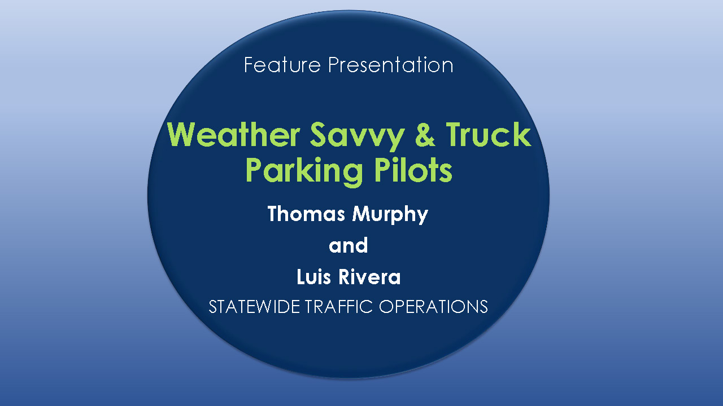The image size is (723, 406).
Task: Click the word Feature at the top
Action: click(282, 65)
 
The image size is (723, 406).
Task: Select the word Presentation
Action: click(391, 65)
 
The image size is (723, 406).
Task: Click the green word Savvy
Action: click(358, 136)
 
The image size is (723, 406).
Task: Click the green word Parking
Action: click(304, 172)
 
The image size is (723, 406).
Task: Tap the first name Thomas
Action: click(306, 214)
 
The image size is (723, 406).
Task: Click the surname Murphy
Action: click(390, 215)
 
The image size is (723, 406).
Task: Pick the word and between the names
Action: click(349, 245)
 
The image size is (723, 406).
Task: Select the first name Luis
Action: click(313, 277)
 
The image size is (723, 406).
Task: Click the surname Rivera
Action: click(369, 277)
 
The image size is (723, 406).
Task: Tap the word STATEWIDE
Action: click(254, 306)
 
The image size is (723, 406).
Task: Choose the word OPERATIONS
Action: click(433, 306)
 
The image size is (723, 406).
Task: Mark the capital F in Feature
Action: click(249, 65)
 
